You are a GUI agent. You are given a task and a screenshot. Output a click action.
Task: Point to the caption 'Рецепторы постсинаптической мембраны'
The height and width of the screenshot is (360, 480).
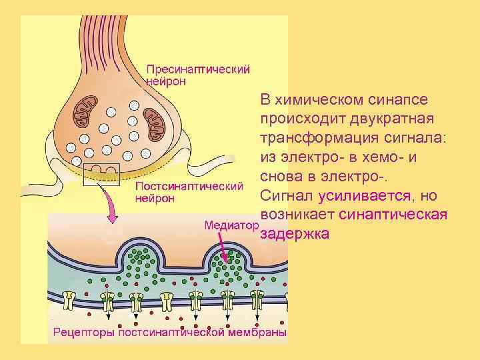(170, 331)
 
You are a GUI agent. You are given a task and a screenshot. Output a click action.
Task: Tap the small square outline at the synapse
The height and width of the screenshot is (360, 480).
(101, 173)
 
